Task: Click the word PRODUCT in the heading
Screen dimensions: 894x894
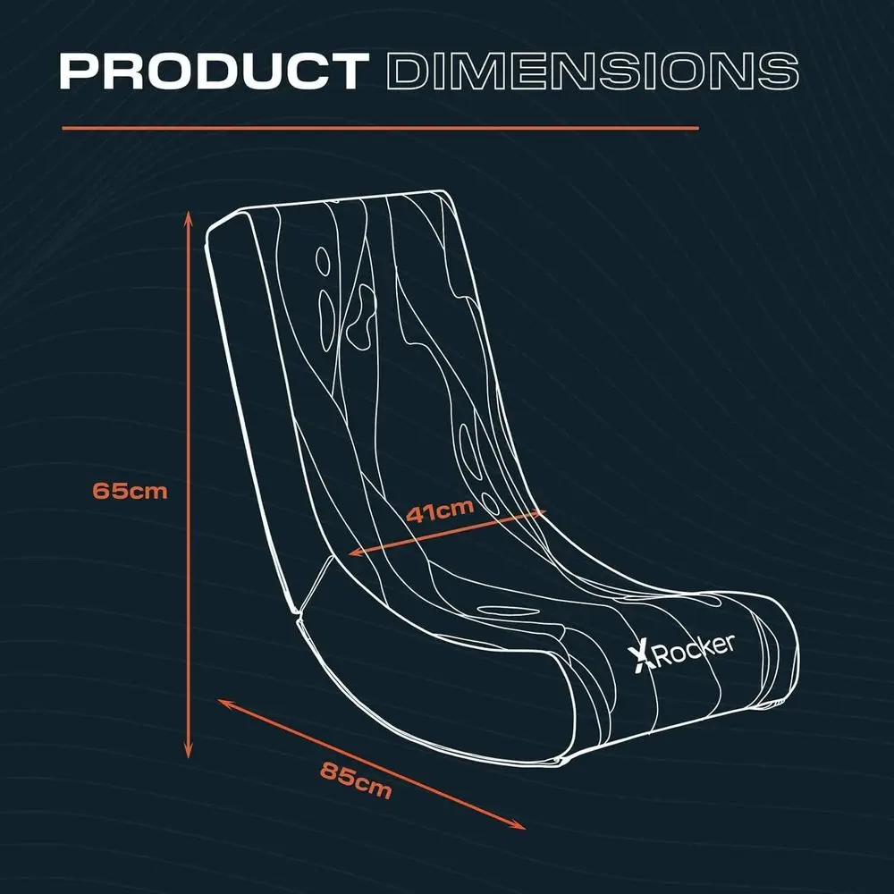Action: coord(215,71)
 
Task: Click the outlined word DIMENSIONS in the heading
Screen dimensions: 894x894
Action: coord(593,71)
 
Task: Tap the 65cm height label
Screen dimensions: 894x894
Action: coord(130,490)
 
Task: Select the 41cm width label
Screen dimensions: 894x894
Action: coord(440,510)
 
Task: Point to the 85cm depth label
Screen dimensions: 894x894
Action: coord(356,780)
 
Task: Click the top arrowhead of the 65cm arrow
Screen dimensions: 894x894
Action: coord(189,215)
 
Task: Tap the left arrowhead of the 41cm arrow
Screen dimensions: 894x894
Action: coord(355,552)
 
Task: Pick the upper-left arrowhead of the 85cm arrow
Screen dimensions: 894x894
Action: coord(224,703)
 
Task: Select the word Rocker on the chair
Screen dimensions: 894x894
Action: coord(693,650)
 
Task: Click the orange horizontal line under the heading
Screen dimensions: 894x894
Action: coord(380,128)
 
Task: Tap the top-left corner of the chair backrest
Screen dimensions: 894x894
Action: coord(209,229)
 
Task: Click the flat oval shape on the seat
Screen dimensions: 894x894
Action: coord(503,611)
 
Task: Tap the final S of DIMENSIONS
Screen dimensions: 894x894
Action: coord(779,72)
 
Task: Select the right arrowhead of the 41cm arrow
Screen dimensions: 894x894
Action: coord(539,512)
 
